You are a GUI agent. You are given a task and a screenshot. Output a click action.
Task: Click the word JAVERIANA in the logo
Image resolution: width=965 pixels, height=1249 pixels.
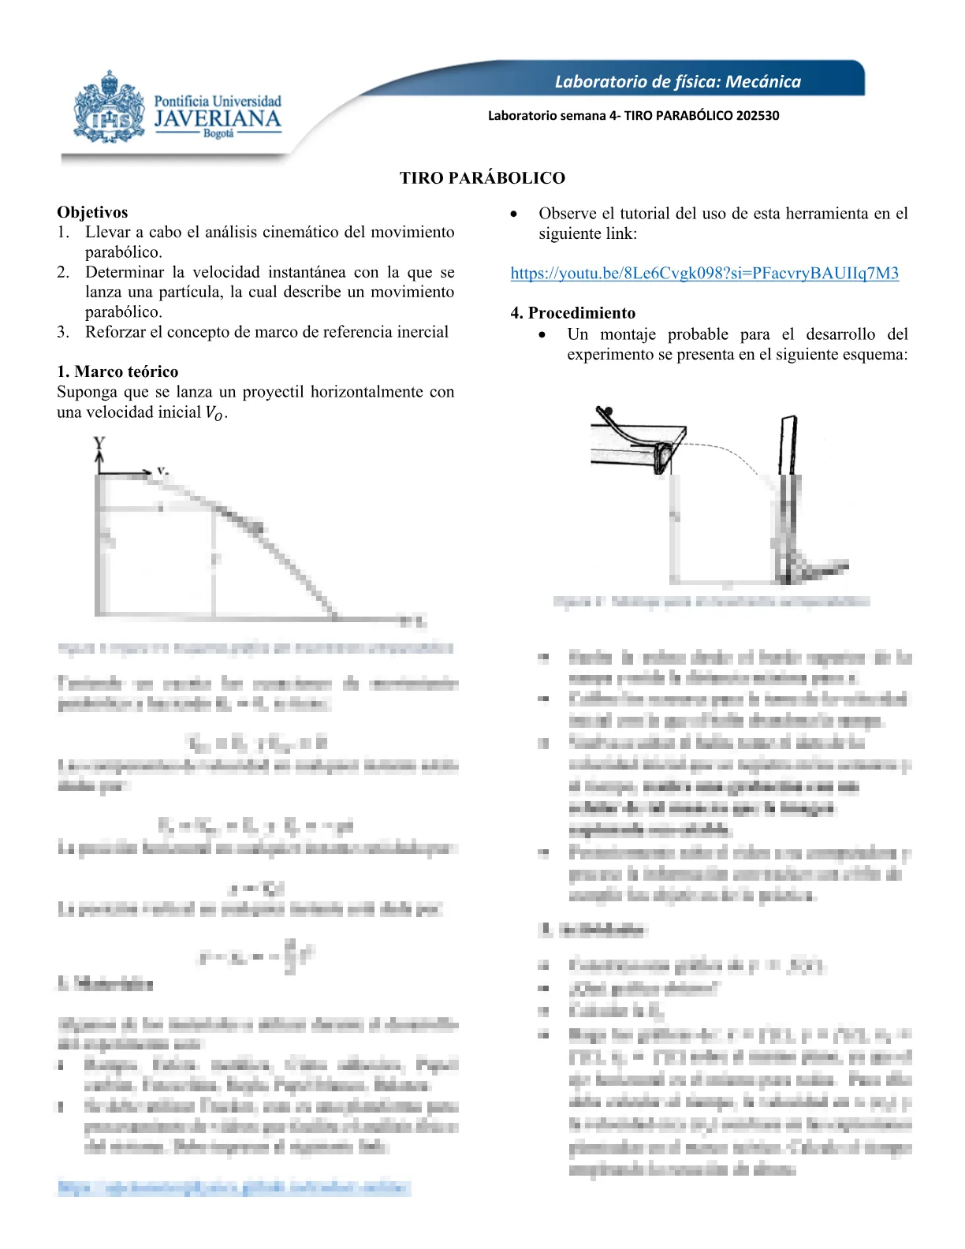pos(218,119)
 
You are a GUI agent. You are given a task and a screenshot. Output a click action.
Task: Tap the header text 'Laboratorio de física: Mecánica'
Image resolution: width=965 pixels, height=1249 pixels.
pos(677,81)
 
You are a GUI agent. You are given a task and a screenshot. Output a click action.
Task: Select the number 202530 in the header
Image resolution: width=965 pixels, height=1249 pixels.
pos(757,115)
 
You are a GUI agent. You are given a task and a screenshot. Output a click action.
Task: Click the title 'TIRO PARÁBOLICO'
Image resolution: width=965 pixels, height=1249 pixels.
pos(482,178)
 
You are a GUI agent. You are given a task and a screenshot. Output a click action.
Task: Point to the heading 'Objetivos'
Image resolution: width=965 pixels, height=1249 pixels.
pos(92,212)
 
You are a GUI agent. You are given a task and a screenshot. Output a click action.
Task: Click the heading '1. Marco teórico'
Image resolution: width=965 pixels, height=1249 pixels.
pos(117,371)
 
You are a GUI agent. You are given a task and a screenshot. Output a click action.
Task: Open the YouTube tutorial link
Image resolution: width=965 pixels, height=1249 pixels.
pos(704,273)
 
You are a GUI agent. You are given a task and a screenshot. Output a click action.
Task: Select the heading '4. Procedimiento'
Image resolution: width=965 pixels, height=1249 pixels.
pos(572,313)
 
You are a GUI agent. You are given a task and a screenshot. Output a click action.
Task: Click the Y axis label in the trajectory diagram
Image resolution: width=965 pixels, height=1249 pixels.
pos(99,443)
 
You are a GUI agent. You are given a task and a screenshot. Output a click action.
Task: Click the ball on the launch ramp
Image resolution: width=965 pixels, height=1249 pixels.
pos(605,410)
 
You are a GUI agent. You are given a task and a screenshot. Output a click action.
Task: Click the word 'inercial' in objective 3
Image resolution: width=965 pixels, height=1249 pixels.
pos(421,332)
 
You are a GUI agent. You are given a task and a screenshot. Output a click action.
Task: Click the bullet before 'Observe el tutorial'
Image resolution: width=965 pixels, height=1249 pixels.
pos(515,214)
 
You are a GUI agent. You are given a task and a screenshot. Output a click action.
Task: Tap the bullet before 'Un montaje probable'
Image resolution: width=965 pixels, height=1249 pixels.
pos(542,335)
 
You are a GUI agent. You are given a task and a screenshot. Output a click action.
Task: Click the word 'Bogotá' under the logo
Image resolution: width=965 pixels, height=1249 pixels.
pos(218,134)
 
